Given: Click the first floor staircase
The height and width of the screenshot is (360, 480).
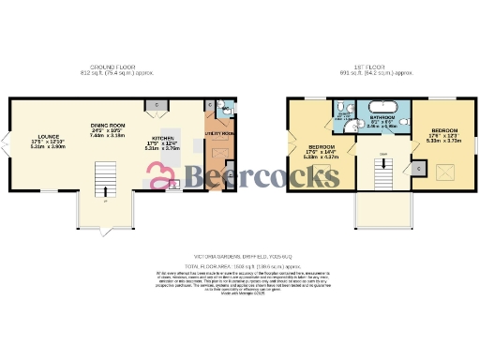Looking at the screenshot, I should click(382, 172).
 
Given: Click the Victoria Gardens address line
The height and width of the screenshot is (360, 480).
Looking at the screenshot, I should click(239, 255).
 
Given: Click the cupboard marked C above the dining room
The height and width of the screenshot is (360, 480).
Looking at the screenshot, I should click(157, 104).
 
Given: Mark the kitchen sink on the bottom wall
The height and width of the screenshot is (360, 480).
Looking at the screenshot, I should click(171, 186).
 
